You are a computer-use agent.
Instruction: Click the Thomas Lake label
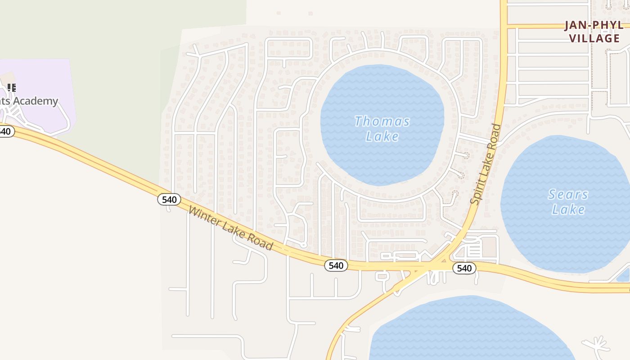pos(382,129)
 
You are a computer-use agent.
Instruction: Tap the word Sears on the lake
pos(568,194)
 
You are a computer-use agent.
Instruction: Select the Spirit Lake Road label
pos(486,164)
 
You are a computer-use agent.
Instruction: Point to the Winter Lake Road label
pos(230,228)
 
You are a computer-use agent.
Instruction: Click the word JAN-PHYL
pos(594,25)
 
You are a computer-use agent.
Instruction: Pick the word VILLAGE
pos(594,38)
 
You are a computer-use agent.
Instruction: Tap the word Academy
pos(35,101)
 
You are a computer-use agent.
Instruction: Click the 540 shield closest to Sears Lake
pos(464,269)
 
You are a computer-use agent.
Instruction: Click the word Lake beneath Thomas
pos(382,136)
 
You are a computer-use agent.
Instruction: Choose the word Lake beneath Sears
pos(568,209)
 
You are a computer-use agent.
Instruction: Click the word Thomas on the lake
pos(382,121)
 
